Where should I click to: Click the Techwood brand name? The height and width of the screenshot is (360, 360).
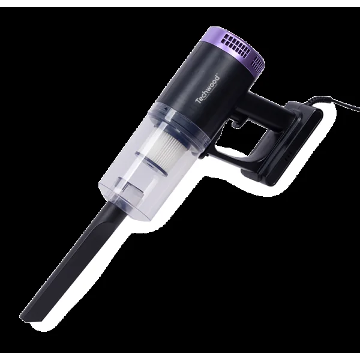tap(208, 89)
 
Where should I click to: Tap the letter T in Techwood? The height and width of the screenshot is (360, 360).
tap(197, 101)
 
